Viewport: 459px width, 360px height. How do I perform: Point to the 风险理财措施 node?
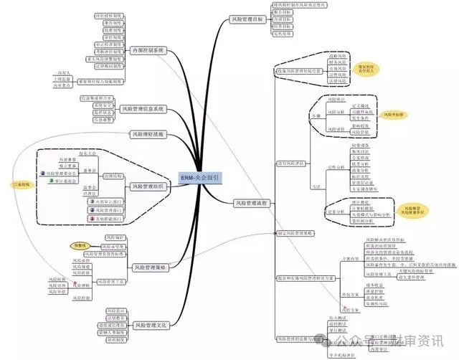coord(148,133)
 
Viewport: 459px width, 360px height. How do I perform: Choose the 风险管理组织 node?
coord(148,186)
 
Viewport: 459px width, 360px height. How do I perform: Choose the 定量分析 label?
coord(334,212)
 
